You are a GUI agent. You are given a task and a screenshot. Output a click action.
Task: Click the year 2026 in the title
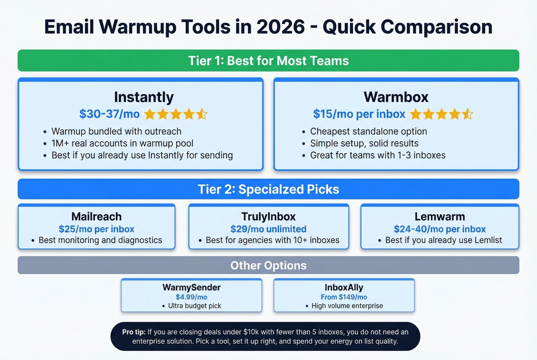tap(280, 27)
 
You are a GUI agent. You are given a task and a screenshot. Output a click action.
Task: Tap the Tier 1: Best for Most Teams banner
tap(268, 61)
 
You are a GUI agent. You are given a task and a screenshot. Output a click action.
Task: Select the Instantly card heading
tap(144, 97)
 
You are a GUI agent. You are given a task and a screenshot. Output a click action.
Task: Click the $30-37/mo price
tap(109, 114)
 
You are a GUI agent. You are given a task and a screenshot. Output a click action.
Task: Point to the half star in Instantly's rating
tap(202, 114)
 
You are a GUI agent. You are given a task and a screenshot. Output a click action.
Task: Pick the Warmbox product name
tap(396, 97)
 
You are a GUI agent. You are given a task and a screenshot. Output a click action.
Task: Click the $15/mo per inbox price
tap(359, 114)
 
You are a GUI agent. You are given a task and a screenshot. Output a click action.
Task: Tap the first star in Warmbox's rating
tap(416, 114)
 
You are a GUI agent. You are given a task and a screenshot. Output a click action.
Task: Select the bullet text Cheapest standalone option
tap(368, 132)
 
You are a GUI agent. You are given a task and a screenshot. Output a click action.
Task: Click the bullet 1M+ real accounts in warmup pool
tap(122, 143)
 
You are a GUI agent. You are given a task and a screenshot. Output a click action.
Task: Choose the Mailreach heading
tap(96, 217)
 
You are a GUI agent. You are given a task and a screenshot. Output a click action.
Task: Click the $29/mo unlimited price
tap(268, 229)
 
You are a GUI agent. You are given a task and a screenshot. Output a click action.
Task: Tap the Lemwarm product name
tap(440, 217)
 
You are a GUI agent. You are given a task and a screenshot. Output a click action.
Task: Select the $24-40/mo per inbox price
tap(440, 229)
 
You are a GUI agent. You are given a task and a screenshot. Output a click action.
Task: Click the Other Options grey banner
tap(268, 265)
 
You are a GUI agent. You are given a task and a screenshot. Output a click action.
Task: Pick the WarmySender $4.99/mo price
tap(191, 297)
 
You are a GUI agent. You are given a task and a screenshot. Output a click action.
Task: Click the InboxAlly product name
tap(344, 288)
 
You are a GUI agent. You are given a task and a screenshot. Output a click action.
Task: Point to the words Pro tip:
tap(133, 332)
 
